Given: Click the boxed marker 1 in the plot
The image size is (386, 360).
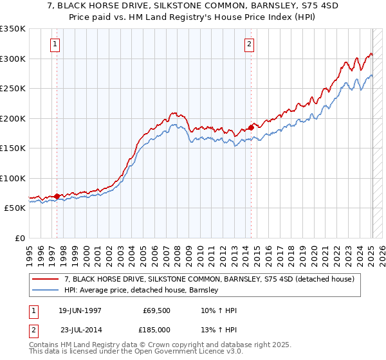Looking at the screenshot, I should click(55, 44).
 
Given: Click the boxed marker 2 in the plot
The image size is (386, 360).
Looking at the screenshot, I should click(249, 44).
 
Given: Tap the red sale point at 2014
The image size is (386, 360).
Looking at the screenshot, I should click(251, 127).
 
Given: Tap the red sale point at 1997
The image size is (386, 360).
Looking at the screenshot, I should click(57, 196).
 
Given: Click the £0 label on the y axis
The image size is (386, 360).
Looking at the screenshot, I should click(21, 238).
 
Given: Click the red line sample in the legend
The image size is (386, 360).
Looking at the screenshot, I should click(46, 279).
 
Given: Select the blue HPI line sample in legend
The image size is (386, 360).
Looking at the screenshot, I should click(46, 290).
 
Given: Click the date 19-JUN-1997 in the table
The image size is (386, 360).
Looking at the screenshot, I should click(80, 310).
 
